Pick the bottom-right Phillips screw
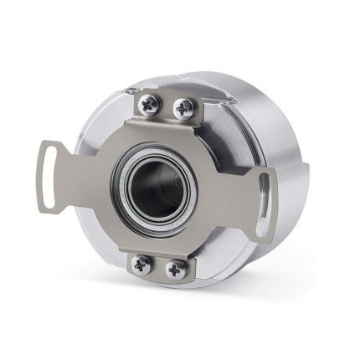click(176, 270)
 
